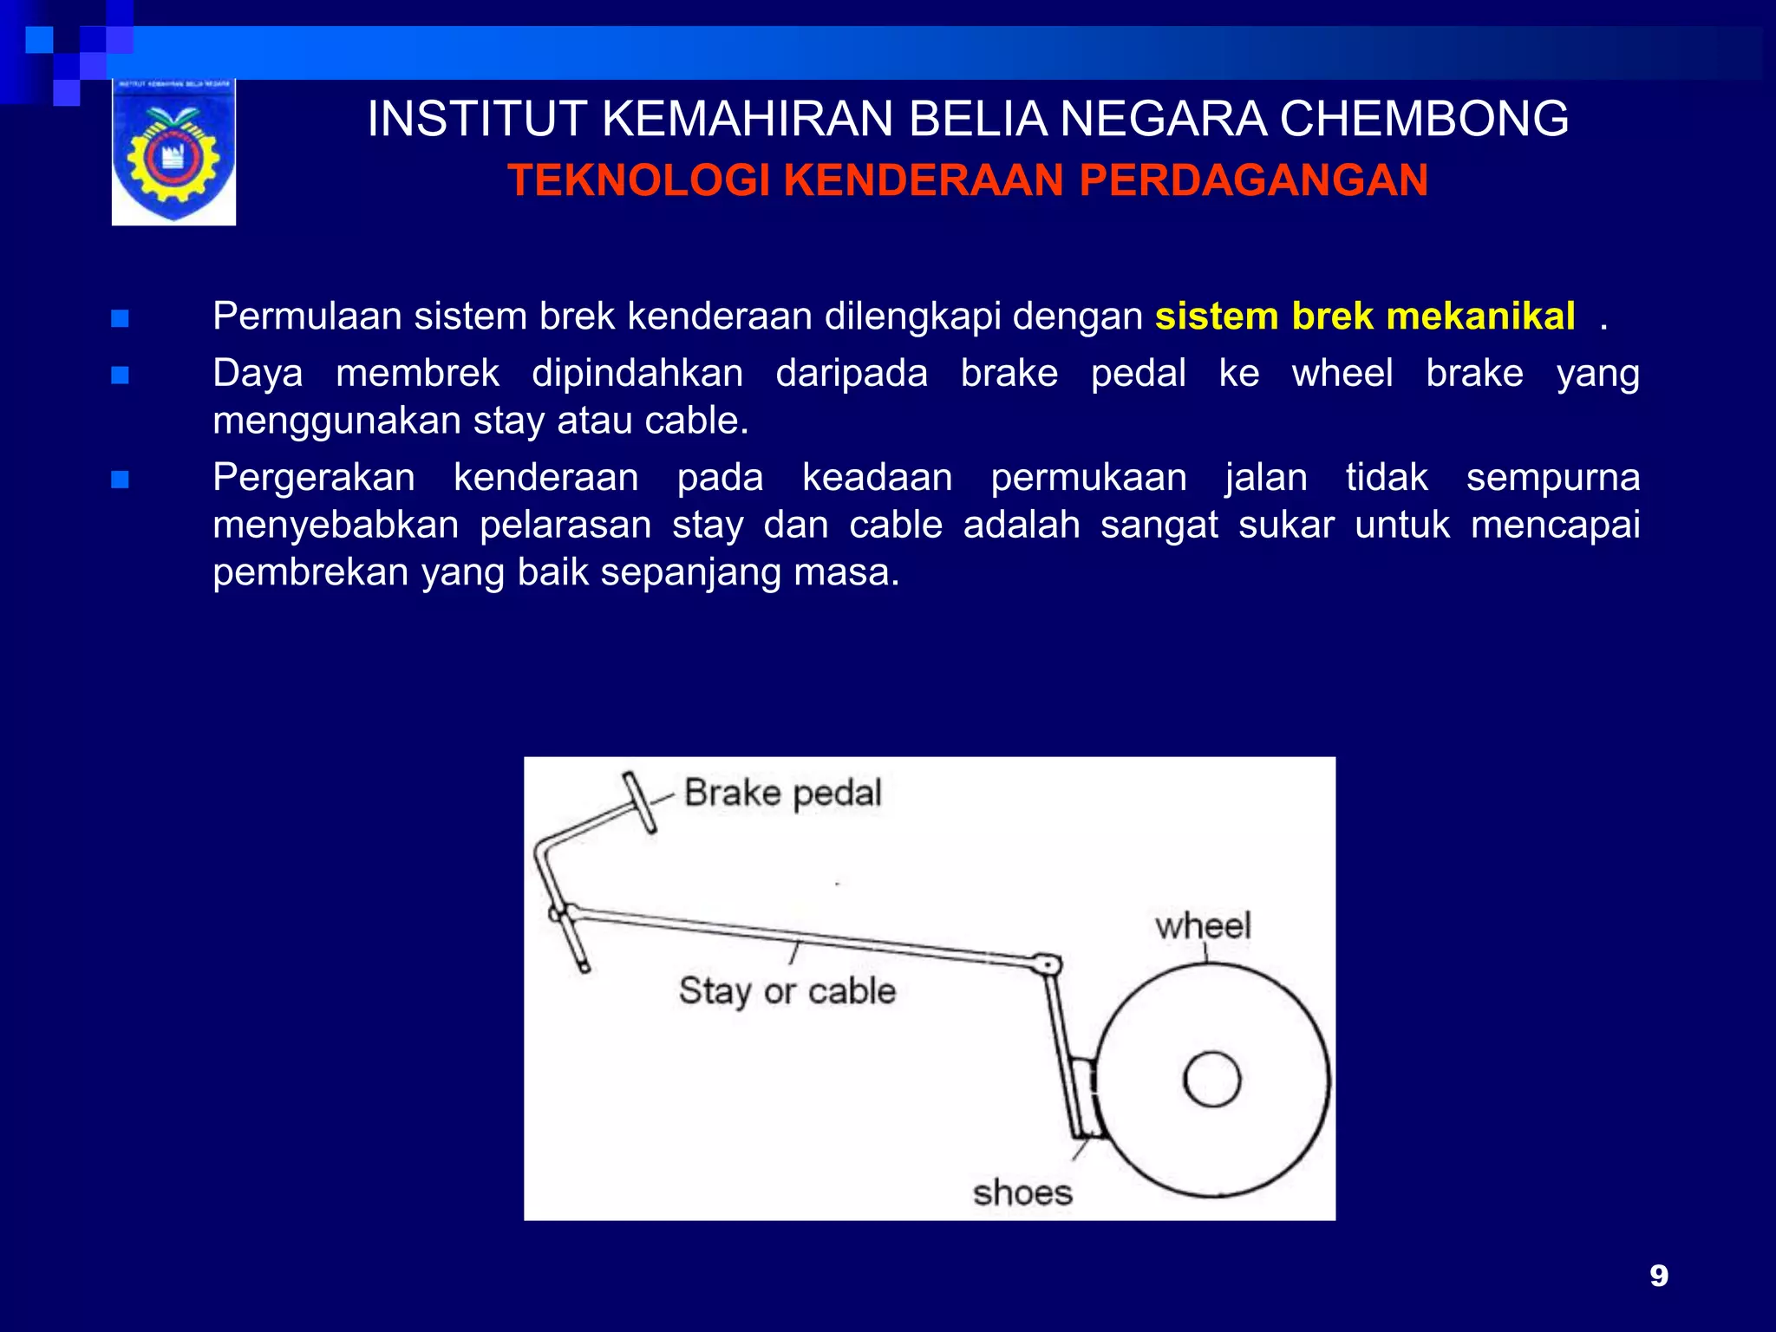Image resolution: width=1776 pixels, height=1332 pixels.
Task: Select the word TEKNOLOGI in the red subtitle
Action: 638,181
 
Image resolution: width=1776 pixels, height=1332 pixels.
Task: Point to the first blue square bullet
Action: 121,319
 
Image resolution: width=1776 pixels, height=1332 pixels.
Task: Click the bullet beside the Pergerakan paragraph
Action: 121,480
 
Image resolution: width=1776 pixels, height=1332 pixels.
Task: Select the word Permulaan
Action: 307,317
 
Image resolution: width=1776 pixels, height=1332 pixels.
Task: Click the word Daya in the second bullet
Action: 258,374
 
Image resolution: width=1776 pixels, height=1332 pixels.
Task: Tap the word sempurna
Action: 1552,478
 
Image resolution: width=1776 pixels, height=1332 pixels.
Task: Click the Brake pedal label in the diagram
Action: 782,793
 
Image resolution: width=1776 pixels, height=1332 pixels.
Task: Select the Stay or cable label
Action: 787,990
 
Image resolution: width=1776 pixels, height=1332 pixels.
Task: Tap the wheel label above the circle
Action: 1203,925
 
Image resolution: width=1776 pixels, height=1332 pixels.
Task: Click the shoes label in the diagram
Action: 1022,1193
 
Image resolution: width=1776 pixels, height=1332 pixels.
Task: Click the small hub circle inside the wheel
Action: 1211,1080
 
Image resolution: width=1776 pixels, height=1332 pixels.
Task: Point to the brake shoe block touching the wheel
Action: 1084,1097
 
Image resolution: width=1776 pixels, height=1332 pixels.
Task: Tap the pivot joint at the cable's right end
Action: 1048,964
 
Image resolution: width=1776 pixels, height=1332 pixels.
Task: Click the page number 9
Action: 1658,1276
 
